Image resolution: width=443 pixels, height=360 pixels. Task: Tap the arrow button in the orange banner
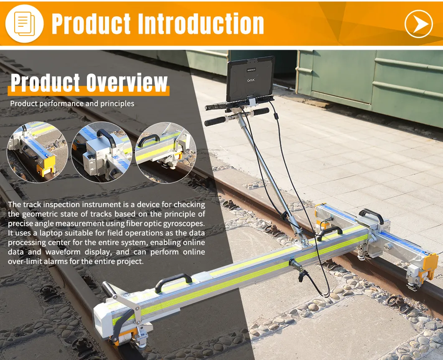(418, 24)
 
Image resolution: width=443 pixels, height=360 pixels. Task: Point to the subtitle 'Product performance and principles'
(72, 103)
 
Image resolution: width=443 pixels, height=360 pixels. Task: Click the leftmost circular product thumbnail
(37, 152)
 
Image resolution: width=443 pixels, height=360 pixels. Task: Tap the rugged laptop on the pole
(250, 79)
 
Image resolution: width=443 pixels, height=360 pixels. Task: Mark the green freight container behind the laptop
(368, 79)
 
